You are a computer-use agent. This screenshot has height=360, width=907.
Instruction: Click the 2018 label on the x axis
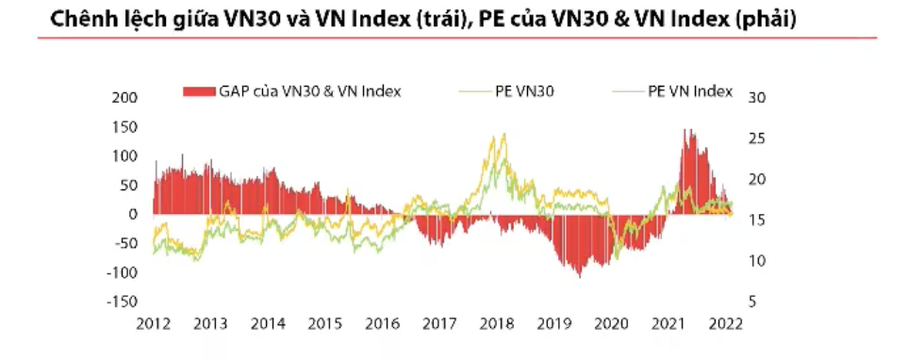pyautogui.click(x=496, y=323)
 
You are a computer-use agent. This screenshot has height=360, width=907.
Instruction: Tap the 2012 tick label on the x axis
pyautogui.click(x=153, y=323)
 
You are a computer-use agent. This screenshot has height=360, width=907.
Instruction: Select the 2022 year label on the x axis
pyautogui.click(x=726, y=323)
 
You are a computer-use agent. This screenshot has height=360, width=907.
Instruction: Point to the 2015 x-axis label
pyautogui.click(x=324, y=323)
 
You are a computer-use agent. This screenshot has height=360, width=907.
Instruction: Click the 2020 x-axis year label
pyautogui.click(x=611, y=323)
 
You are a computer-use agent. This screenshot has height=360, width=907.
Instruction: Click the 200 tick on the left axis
pyautogui.click(x=125, y=98)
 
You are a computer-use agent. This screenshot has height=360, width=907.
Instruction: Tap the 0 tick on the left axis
pyautogui.click(x=133, y=214)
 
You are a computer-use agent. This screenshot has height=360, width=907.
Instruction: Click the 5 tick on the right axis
pyautogui.click(x=751, y=302)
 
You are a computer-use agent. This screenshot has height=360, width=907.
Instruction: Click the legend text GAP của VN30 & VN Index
pyautogui.click(x=310, y=91)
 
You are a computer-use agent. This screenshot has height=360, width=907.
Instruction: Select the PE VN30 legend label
pyautogui.click(x=524, y=91)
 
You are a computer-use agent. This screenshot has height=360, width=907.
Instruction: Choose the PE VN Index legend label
pyautogui.click(x=689, y=91)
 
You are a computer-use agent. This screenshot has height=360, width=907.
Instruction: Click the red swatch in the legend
pyautogui.click(x=198, y=91)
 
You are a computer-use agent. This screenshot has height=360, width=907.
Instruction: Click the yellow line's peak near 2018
pyautogui.click(x=503, y=134)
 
